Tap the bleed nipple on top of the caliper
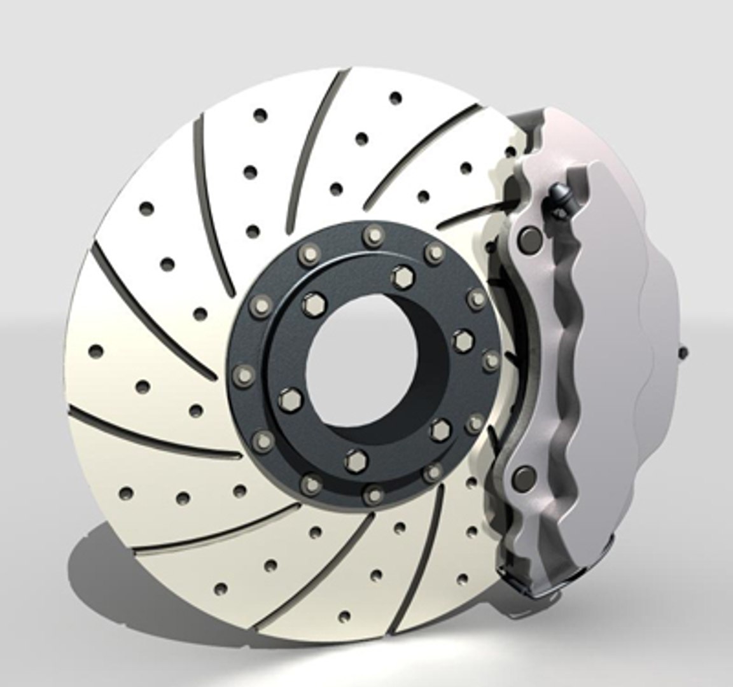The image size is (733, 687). point(560,192)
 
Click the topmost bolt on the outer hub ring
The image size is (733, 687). point(370,237)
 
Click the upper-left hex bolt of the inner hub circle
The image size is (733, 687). point(311,305)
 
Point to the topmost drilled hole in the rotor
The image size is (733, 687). point(396,98)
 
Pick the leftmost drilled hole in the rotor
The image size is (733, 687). point(97,350)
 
